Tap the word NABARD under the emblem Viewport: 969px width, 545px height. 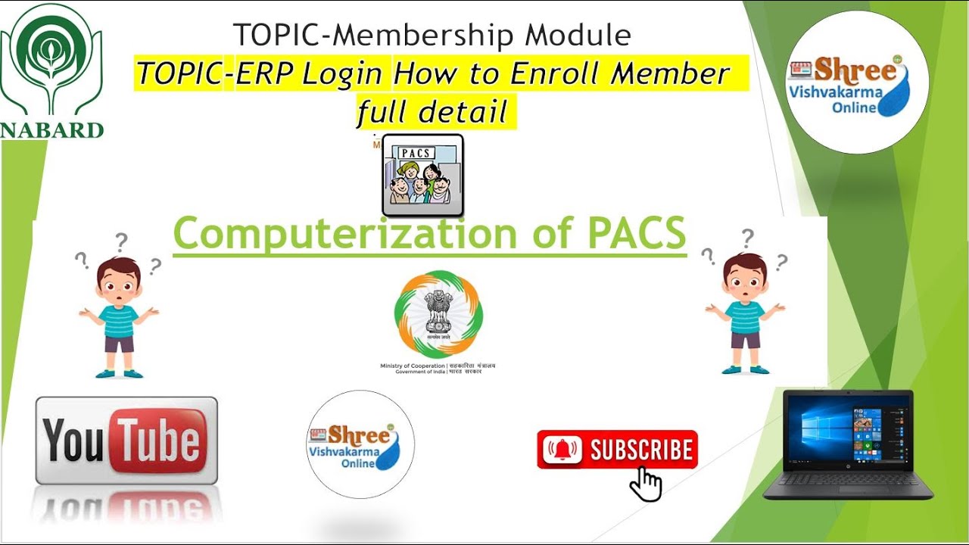51,129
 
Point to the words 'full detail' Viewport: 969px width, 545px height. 432,113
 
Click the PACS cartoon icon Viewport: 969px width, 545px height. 422,175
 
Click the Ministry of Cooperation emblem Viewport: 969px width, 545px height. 438,314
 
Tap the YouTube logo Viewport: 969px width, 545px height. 126,441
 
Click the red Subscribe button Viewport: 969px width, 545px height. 617,450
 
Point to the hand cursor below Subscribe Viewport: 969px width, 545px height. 645,484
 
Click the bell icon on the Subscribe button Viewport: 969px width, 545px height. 561,450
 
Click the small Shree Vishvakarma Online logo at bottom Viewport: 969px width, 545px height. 360,444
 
